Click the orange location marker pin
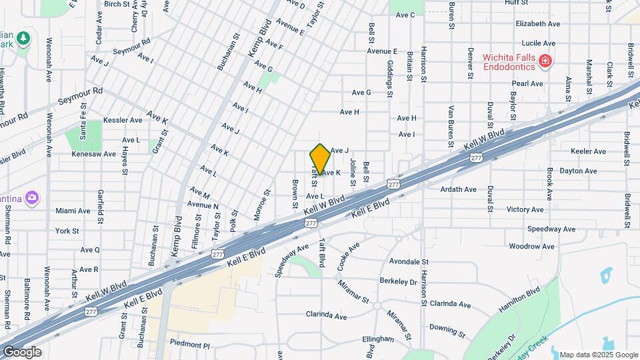pyautogui.click(x=320, y=160)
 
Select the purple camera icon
pyautogui.click(x=32, y=197)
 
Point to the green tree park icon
pyautogui.click(x=24, y=39)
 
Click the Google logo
pyautogui.click(x=22, y=352)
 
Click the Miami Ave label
pyautogui.click(x=73, y=211)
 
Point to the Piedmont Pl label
pyautogui.click(x=189, y=345)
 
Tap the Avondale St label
pyautogui.click(x=409, y=262)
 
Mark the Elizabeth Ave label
pyautogui.click(x=537, y=23)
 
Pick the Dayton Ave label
pyautogui.click(x=578, y=171)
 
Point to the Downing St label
pyautogui.click(x=446, y=327)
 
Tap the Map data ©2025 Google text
pyautogui.click(x=598, y=355)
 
